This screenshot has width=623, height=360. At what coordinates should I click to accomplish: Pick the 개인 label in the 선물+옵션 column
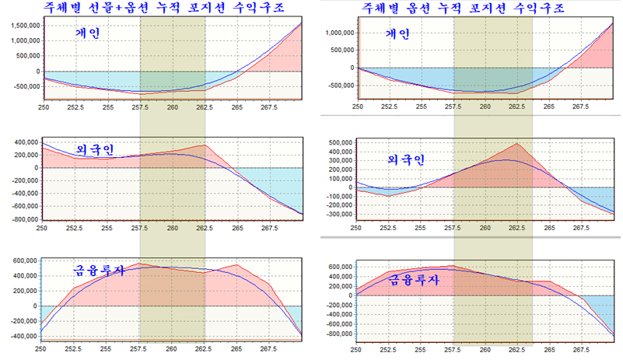[86, 33]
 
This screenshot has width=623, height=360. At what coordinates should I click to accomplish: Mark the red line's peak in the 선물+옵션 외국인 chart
[204, 145]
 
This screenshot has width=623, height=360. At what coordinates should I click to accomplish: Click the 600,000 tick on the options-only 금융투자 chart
[337, 266]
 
